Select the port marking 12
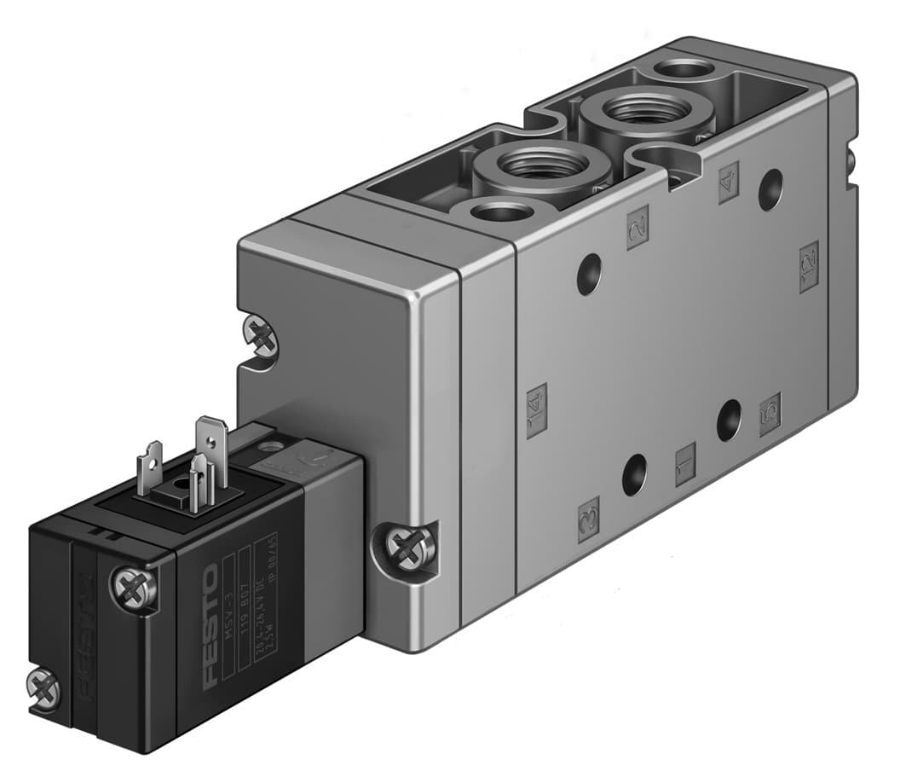809,266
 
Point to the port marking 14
536,410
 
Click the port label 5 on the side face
770,415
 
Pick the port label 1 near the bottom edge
685,464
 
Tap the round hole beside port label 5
729,420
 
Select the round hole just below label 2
589,275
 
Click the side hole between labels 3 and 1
634,475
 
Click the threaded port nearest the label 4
637,111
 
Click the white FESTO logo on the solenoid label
211,624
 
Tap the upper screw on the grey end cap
260,335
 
